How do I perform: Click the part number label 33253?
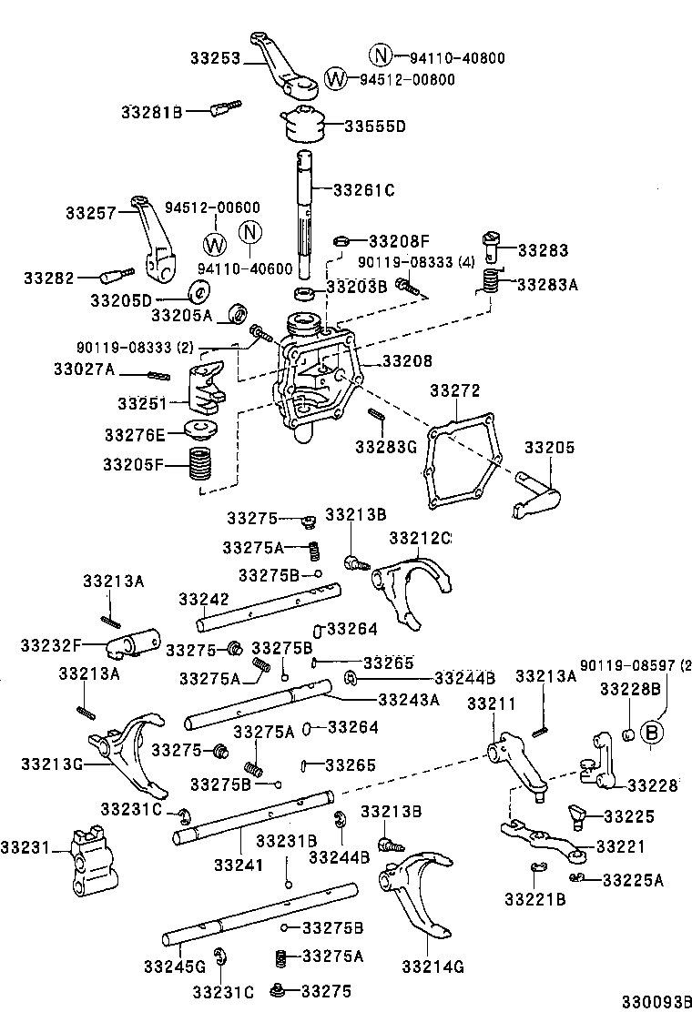(x=214, y=58)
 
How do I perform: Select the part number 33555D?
(x=374, y=126)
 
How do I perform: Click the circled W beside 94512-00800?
(x=336, y=79)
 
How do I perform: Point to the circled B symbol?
(x=652, y=732)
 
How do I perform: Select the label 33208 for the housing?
(x=406, y=361)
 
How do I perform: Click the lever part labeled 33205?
(x=536, y=496)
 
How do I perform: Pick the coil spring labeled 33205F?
(x=201, y=465)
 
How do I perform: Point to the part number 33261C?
(x=363, y=190)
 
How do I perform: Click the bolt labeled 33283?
(x=494, y=242)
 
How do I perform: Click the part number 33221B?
(x=535, y=899)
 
